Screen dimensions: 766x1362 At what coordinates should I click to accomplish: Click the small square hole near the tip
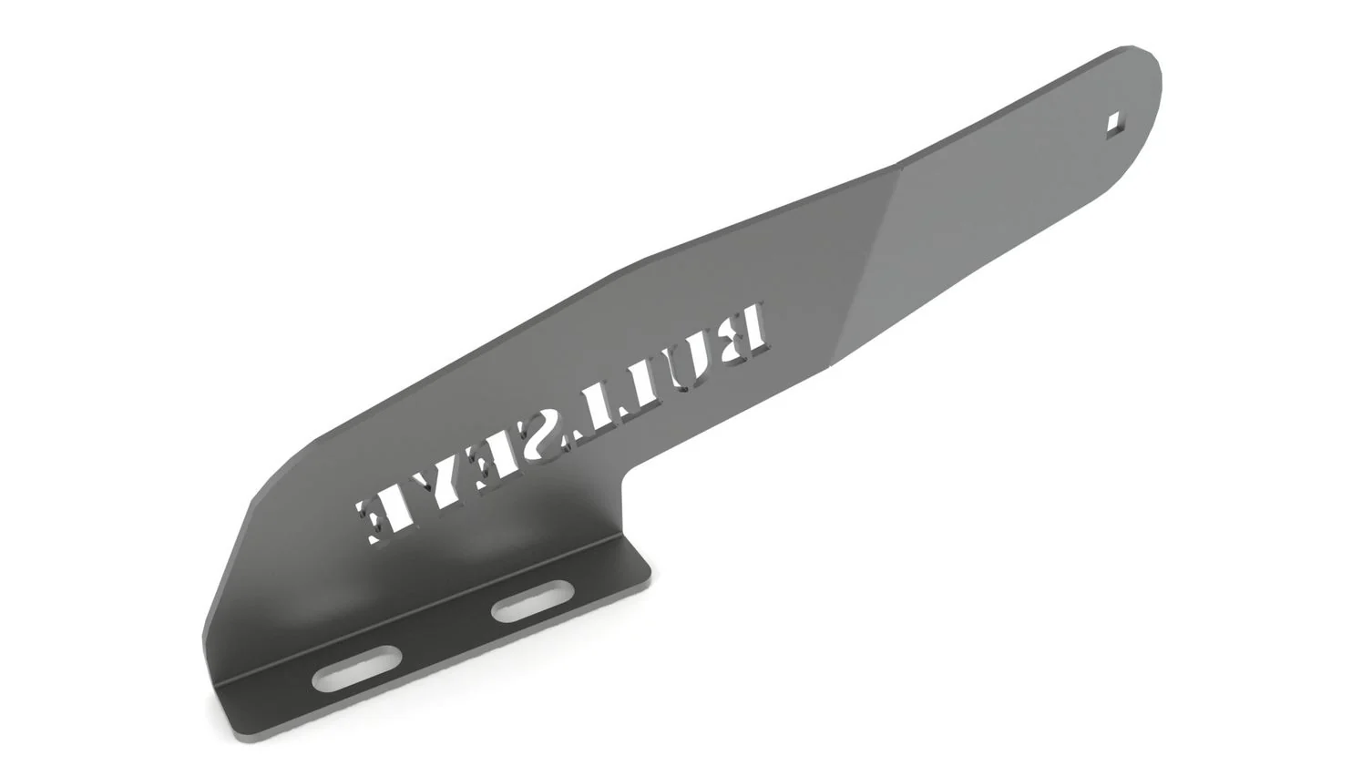click(1113, 121)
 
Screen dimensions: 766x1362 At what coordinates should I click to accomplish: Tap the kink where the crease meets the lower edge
click(831, 365)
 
